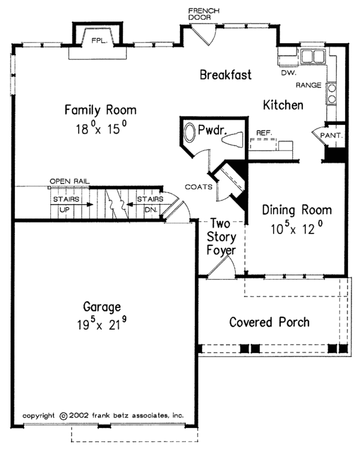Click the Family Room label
[101, 110]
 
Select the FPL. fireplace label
[98, 41]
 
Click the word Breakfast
[225, 75]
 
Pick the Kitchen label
[283, 105]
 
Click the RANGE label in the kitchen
[311, 85]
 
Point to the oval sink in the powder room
[190, 133]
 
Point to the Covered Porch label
[269, 322]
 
